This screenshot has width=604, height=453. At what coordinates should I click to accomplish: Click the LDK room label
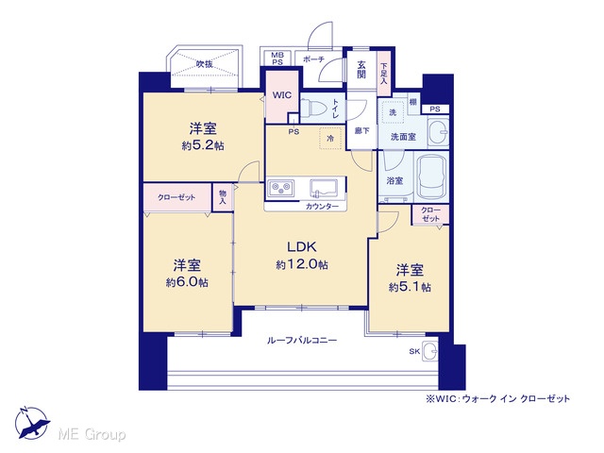click(x=302, y=245)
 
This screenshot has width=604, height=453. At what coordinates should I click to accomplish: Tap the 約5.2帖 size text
click(x=203, y=146)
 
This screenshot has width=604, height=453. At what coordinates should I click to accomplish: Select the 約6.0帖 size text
click(x=187, y=282)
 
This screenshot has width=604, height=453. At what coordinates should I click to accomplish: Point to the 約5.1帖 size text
click(x=410, y=287)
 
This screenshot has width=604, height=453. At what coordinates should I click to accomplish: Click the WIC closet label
click(x=282, y=95)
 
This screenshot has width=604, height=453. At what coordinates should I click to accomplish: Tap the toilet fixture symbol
click(x=312, y=108)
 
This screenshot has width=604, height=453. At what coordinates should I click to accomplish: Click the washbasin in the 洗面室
click(x=438, y=132)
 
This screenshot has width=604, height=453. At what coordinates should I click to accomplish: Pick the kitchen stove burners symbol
click(x=281, y=188)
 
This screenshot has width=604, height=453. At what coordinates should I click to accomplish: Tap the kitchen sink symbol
click(x=323, y=189)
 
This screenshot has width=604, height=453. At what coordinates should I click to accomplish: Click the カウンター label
click(x=323, y=207)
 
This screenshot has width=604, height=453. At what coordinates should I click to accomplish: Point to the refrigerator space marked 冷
click(x=330, y=138)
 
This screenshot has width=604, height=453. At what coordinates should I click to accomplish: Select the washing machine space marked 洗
click(x=393, y=113)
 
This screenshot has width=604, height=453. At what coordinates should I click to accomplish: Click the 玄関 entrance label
click(x=361, y=69)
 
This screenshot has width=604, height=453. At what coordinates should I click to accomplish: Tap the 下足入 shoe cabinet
click(x=384, y=74)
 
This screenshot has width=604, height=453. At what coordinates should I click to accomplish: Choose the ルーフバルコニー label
click(x=302, y=341)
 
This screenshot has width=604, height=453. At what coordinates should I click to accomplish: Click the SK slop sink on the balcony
click(x=430, y=351)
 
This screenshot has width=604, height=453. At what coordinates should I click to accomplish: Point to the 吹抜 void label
click(x=205, y=64)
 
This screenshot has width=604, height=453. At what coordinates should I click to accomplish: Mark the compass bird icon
click(x=32, y=424)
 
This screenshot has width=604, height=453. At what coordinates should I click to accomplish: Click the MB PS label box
click(x=277, y=59)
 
